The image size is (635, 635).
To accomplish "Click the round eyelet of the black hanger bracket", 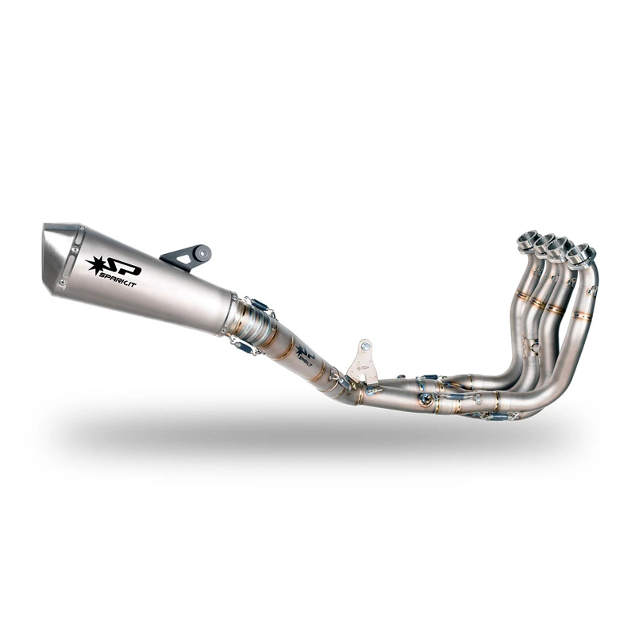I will (x=202, y=253).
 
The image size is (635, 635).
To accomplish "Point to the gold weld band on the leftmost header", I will (x=524, y=295).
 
